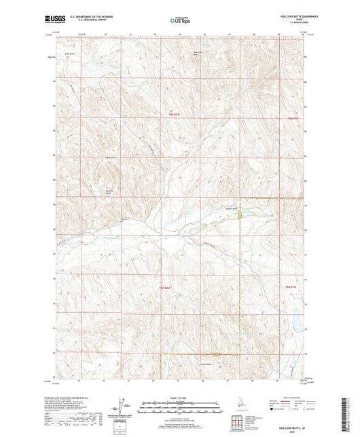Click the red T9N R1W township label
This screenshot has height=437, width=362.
(x=292, y=120)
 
